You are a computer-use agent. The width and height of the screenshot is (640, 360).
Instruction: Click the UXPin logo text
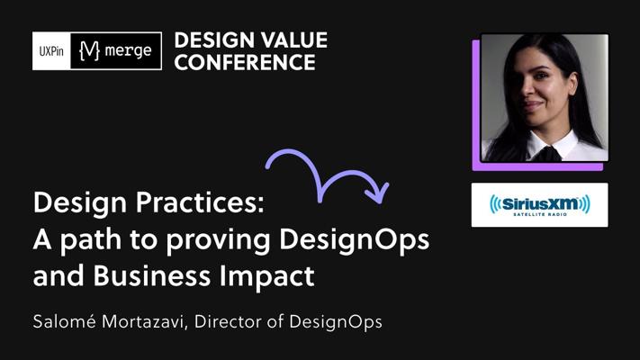pyautogui.click(x=51, y=51)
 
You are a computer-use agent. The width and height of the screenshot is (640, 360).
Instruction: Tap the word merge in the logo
pyautogui.click(x=128, y=50)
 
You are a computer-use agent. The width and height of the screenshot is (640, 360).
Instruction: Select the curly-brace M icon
pyautogui.click(x=90, y=50)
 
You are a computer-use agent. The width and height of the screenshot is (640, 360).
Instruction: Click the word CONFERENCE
pyautogui.click(x=245, y=62)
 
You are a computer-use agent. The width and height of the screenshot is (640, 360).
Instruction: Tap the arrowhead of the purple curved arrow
pyautogui.click(x=379, y=193)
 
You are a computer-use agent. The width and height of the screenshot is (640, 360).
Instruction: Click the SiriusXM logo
pyautogui.click(x=539, y=205)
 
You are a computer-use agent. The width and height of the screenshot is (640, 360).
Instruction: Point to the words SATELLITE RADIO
pyautogui.click(x=540, y=214)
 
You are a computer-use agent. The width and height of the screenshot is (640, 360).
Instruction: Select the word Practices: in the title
pyautogui.click(x=201, y=202)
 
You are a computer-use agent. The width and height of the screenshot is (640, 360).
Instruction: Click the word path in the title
pyautogui.click(x=91, y=238)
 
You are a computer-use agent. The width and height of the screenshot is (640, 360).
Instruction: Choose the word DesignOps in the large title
pyautogui.click(x=355, y=240)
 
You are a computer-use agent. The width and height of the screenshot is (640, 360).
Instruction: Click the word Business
pyautogui.click(x=152, y=275)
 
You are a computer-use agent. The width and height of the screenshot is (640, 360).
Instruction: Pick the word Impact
pyautogui.click(x=267, y=276)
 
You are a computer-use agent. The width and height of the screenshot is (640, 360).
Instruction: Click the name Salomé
pyautogui.click(x=65, y=321)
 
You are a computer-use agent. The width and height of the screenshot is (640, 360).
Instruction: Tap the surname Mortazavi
pyautogui.click(x=145, y=321)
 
